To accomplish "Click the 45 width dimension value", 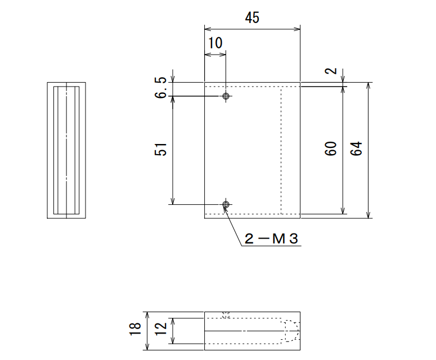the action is [x=252, y=17].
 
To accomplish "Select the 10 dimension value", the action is [x=215, y=43].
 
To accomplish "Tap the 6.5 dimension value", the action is [x=160, y=88].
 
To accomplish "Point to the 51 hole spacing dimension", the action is [x=160, y=149].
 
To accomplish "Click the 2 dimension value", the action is [x=331, y=71].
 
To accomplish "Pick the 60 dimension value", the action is [x=331, y=148].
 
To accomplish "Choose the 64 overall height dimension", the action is [x=357, y=148].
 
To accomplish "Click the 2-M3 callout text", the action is [x=271, y=238].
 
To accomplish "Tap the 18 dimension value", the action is [x=135, y=329].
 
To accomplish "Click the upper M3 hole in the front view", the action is [x=226, y=96].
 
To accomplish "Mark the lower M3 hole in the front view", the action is [x=226, y=205].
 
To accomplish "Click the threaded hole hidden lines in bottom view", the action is [x=226, y=315].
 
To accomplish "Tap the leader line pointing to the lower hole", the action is [x=232, y=226].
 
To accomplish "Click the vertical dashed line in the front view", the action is [x=281, y=150].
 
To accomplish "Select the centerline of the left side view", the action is [x=66, y=150].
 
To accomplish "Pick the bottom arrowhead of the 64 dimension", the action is [x=368, y=215].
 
